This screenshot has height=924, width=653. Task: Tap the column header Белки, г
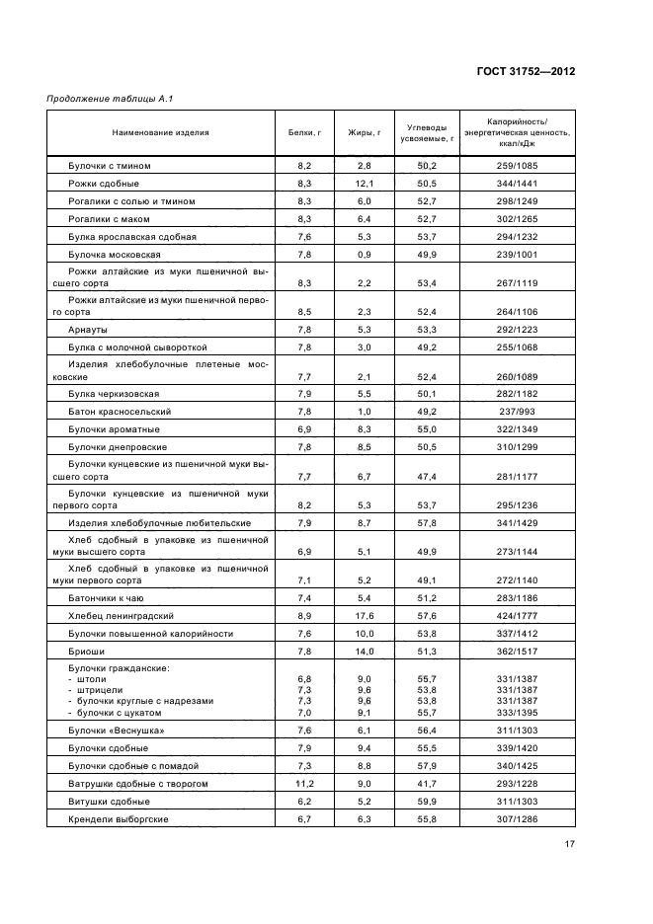point(304,131)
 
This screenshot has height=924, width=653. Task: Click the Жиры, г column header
point(364,131)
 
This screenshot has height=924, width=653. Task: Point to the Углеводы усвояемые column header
point(427,132)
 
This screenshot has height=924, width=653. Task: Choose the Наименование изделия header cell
point(160,131)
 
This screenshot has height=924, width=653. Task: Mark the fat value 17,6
point(364,615)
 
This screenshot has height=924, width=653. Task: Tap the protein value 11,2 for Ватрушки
point(304,783)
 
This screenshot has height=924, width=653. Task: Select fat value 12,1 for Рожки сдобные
point(364,184)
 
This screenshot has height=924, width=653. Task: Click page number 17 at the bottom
point(570,844)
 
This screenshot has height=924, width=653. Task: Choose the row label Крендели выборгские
point(118,819)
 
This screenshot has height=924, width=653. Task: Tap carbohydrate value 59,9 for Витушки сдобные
point(427,802)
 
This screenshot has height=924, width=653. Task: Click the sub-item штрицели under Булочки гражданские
point(100,690)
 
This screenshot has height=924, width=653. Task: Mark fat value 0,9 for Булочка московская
point(364,254)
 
